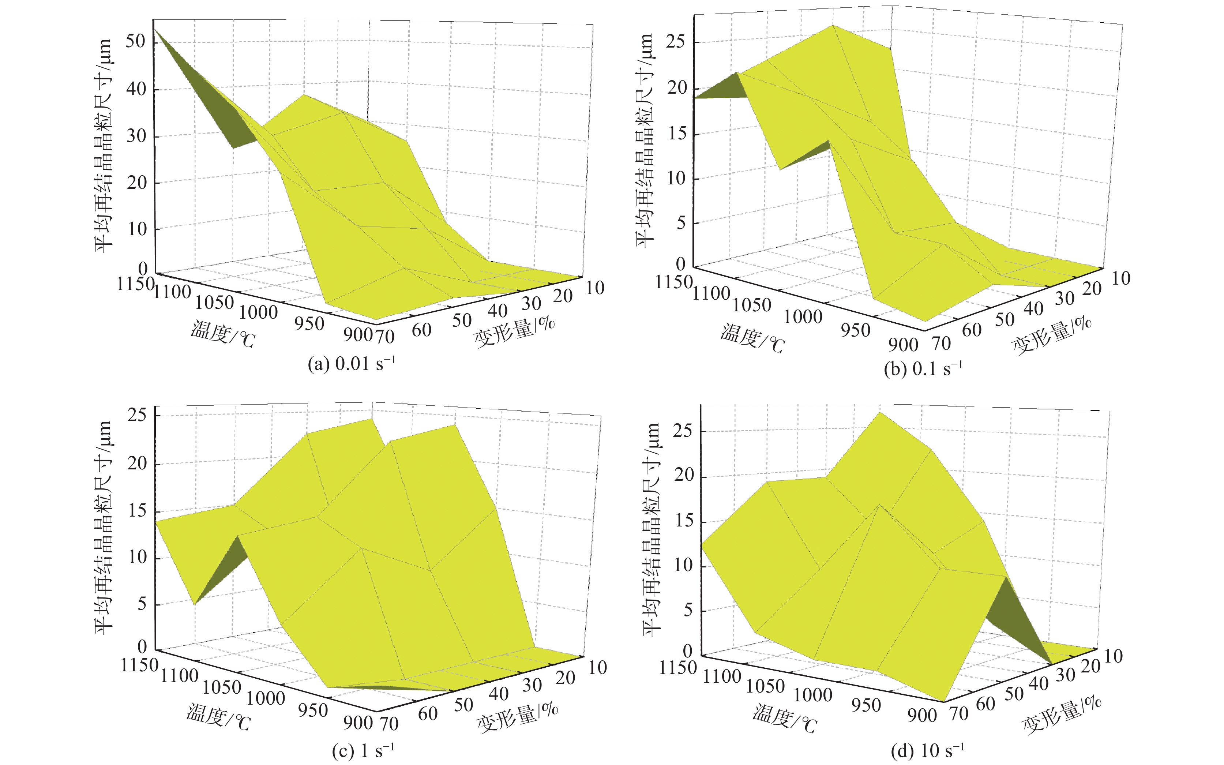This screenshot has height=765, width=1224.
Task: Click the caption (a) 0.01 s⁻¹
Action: [351, 364]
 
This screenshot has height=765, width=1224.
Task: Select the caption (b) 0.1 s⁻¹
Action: [923, 369]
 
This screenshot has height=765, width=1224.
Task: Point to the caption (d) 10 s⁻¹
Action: [927, 751]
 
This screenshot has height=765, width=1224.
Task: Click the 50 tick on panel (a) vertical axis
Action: [136, 41]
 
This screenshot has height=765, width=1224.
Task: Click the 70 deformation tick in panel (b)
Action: [941, 344]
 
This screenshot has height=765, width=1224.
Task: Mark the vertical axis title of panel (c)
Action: [104, 526]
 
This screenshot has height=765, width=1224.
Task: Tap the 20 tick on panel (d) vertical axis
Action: [684, 476]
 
